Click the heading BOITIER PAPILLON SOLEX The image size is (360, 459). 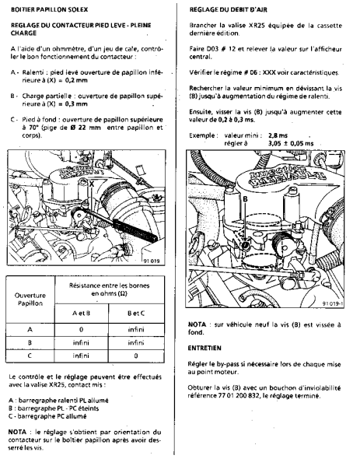pyautogui.click(x=50, y=9)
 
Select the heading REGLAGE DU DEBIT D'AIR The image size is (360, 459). pyautogui.click(x=229, y=9)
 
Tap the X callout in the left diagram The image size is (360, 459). pyautogui.click(x=92, y=184)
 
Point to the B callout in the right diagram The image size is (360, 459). pyautogui.click(x=245, y=199)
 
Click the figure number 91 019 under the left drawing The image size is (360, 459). pyautogui.click(x=152, y=261)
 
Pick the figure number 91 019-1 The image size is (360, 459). pyautogui.click(x=333, y=303)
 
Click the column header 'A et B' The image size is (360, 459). pyautogui.click(x=81, y=314)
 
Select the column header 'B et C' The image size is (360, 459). pyautogui.click(x=136, y=314)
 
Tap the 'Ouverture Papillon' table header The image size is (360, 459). pyautogui.click(x=30, y=300)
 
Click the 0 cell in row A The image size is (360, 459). pyautogui.click(x=81, y=330)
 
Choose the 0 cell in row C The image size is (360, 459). pyautogui.click(x=136, y=356)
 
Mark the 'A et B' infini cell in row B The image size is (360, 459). pyautogui.click(x=81, y=342)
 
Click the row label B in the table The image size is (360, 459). pyautogui.click(x=30, y=342)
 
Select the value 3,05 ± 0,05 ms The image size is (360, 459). pyautogui.click(x=291, y=143)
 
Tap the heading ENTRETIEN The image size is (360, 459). pyautogui.click(x=204, y=348)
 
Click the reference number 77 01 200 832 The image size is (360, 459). pyautogui.click(x=239, y=396)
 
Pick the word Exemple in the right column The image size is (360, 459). pyautogui.click(x=202, y=135)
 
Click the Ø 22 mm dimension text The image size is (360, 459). pyautogui.click(x=86, y=128)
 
